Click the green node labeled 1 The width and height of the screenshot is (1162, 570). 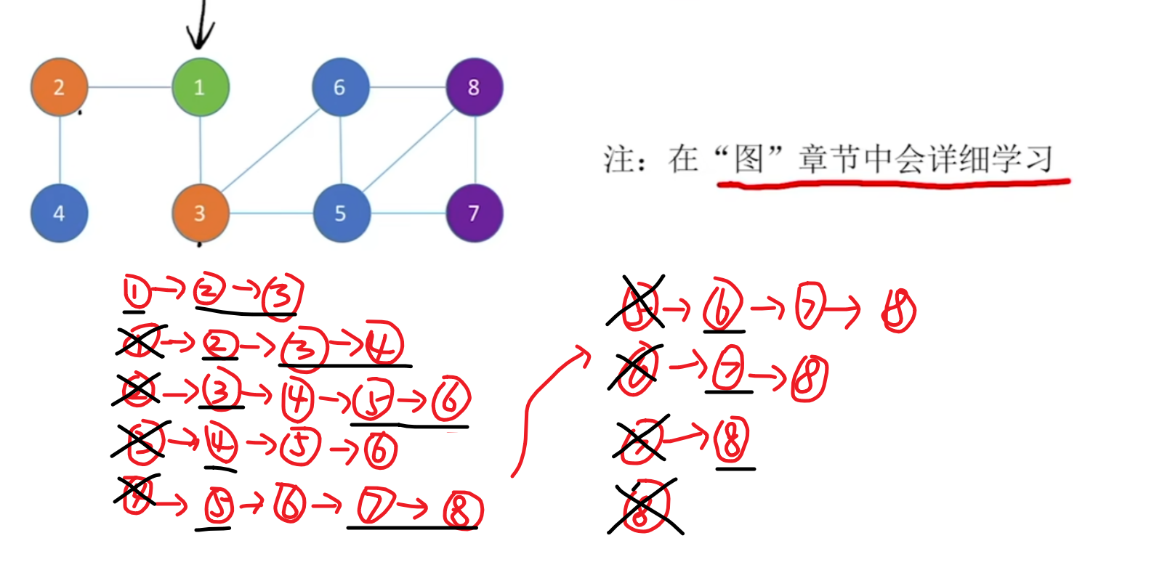201,87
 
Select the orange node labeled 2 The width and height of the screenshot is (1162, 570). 60,87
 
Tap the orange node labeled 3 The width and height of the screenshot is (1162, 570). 201,213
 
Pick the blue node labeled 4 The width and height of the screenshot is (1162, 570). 60,213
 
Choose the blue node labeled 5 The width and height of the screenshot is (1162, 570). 341,213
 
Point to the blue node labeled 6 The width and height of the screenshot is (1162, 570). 340,87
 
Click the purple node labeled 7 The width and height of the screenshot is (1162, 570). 475,213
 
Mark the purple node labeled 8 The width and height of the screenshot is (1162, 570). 475,87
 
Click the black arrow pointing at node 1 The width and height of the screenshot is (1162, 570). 200,25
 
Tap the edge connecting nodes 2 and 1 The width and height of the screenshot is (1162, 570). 129,87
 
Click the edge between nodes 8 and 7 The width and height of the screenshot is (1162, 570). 475,150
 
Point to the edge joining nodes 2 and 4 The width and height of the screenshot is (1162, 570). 60,150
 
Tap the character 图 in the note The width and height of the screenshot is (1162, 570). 749,158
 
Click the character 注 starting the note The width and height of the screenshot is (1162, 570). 619,159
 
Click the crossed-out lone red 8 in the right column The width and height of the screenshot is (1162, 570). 644,507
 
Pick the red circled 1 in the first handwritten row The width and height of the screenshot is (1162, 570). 136,293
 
